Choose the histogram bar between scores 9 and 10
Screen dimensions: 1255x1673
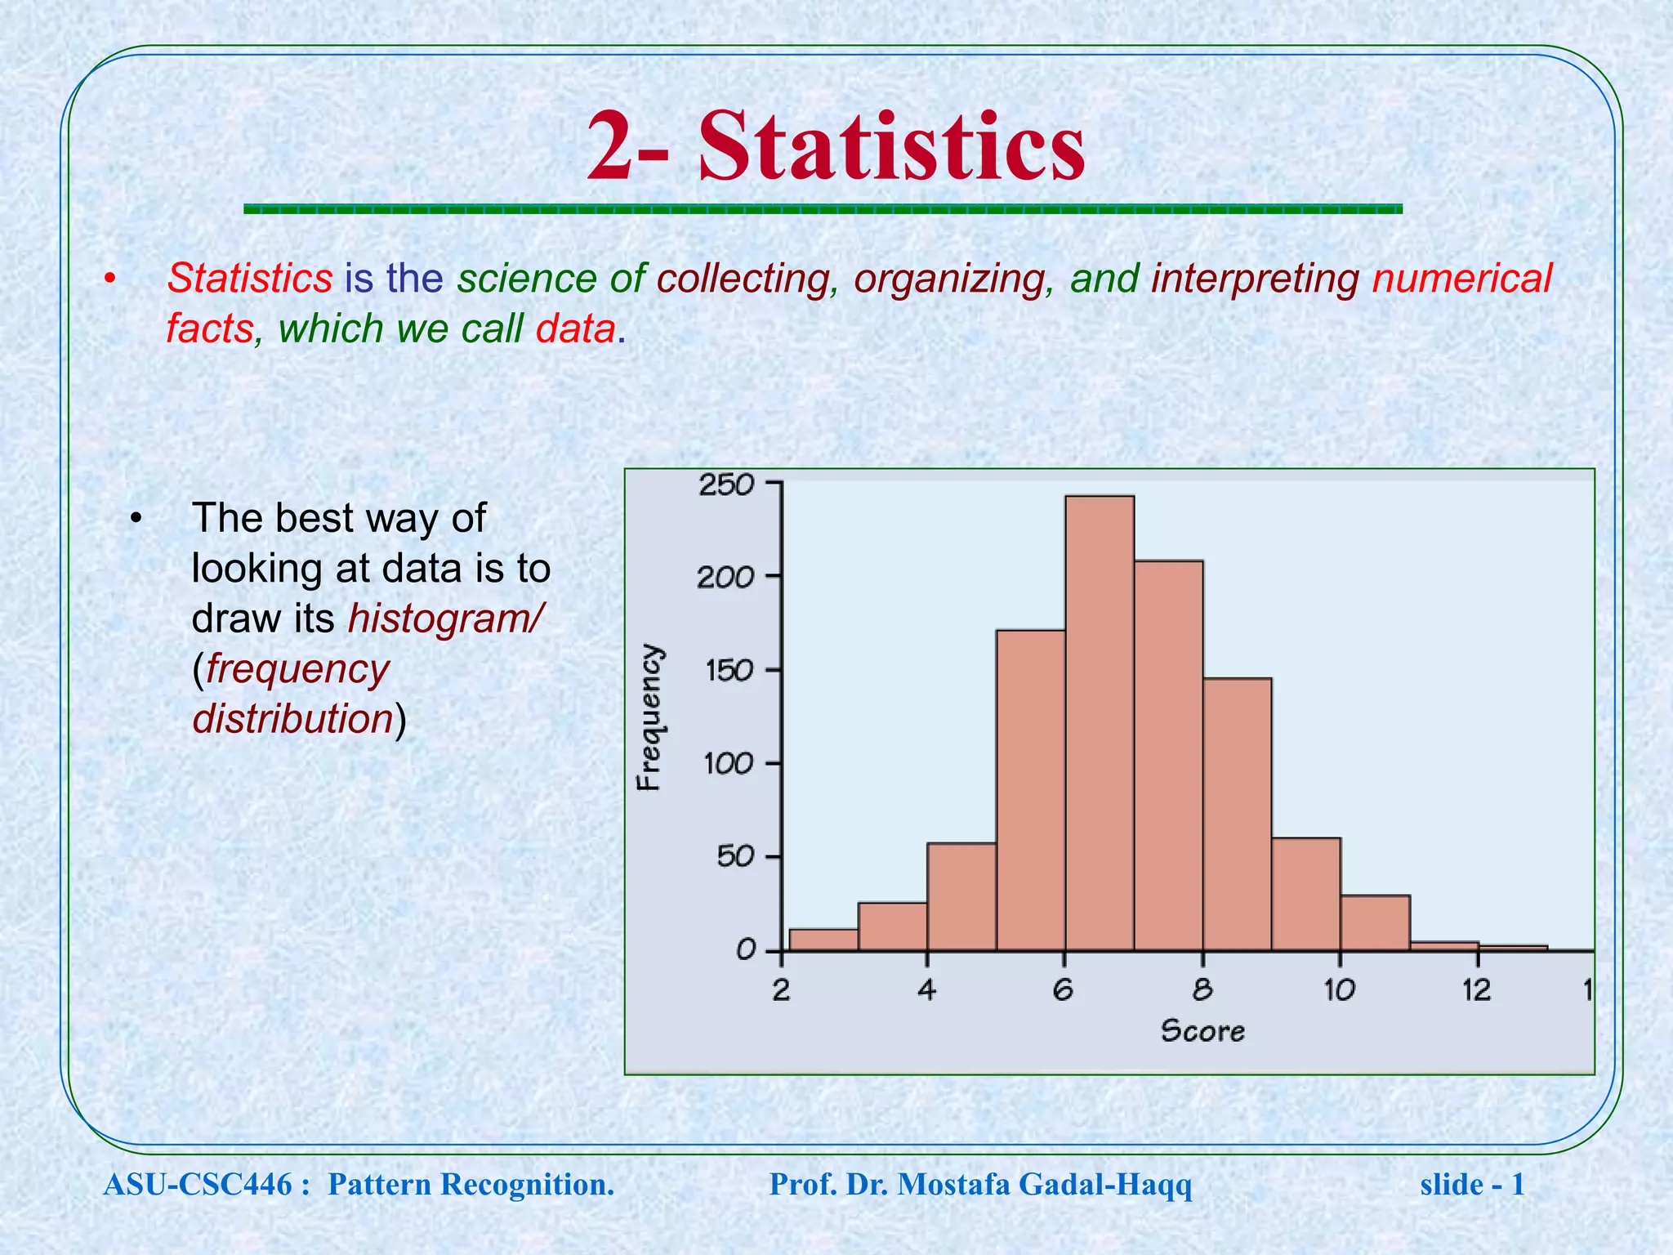1305,894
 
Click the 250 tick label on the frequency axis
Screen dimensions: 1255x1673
725,485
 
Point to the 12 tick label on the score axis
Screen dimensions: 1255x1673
1476,991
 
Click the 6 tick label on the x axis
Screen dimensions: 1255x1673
1063,991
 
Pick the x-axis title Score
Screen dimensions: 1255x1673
1202,1031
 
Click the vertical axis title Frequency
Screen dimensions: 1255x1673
649,717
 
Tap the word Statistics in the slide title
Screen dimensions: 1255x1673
891,147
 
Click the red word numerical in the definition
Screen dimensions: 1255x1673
1461,279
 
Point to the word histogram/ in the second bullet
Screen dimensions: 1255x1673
444,619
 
